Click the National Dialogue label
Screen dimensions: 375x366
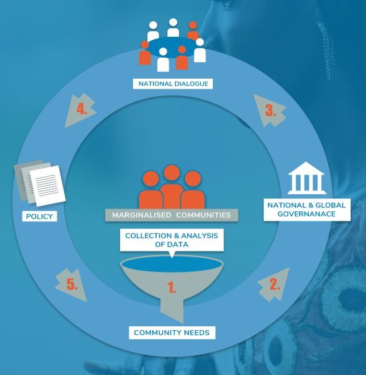(173, 84)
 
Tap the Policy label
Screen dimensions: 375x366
(39, 216)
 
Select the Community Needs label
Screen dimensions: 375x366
(171, 333)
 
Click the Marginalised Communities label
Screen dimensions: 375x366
(171, 215)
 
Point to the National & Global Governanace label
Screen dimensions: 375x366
(307, 210)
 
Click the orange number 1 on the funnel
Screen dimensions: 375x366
(171, 287)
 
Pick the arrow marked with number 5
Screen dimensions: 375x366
(71, 284)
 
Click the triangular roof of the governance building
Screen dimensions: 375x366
(307, 167)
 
